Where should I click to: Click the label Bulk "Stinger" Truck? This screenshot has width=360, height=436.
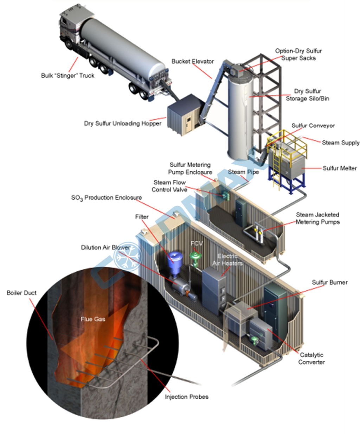(67, 75)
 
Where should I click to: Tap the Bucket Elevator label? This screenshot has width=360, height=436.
(192, 62)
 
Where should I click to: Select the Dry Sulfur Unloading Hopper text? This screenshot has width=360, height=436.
(122, 124)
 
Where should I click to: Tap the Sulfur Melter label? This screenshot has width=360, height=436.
(339, 168)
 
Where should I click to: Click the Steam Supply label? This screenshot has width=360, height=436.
(340, 143)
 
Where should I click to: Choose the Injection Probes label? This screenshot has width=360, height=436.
(186, 397)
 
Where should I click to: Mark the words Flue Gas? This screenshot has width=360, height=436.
(93, 319)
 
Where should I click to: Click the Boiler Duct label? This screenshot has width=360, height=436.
(21, 293)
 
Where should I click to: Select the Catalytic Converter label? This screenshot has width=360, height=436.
(311, 358)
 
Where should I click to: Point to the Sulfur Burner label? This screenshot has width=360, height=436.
(329, 282)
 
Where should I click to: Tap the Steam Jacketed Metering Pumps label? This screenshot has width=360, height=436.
(317, 218)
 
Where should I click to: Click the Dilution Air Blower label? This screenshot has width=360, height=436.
(105, 247)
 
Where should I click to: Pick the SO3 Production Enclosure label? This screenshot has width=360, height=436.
(106, 198)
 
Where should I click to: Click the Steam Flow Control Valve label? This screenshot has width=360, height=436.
(169, 186)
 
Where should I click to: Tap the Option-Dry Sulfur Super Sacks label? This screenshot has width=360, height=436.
(298, 55)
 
